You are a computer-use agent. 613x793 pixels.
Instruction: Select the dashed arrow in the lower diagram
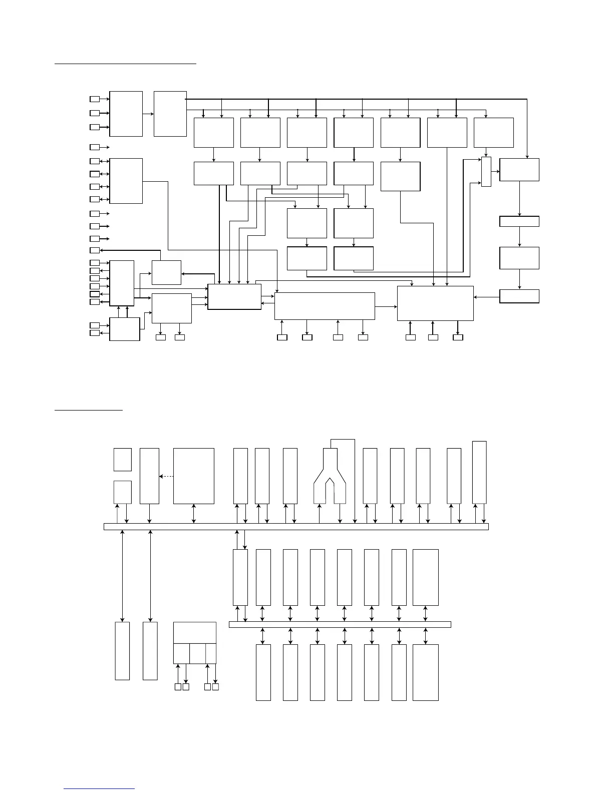[x=166, y=476]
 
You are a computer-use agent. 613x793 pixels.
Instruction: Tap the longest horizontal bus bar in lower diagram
[x=295, y=527]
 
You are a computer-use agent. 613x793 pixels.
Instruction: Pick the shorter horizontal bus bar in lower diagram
[x=340, y=624]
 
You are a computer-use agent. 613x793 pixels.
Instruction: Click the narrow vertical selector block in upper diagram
[x=486, y=172]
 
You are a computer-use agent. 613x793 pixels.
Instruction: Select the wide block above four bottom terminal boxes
[x=325, y=305]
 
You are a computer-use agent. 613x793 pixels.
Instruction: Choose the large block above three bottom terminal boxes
[x=435, y=303]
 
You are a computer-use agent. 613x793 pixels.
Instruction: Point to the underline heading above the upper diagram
[x=125, y=64]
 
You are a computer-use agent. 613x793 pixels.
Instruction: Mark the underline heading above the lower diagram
[x=88, y=411]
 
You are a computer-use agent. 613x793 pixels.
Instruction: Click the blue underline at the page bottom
[x=99, y=789]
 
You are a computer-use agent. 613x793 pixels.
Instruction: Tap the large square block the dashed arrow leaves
[x=193, y=476]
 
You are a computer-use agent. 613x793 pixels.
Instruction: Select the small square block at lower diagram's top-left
[x=122, y=460]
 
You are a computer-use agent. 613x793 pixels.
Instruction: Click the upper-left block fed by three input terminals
[x=126, y=114]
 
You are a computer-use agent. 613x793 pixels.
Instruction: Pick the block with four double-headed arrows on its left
[x=126, y=181]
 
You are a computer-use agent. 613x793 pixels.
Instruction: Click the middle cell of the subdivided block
[x=197, y=653]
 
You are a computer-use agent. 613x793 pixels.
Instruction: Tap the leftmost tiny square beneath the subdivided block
[x=178, y=687]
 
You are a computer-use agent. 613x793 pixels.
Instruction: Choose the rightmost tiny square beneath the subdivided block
[x=215, y=687]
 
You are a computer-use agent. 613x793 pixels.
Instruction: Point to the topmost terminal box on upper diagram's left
[x=95, y=99]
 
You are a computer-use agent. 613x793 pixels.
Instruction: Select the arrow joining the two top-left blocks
[x=148, y=114]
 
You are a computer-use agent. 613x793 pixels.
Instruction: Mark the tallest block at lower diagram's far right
[x=479, y=472]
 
